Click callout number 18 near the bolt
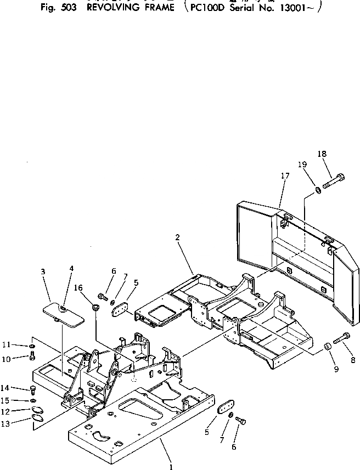(322, 154)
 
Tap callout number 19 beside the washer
(302, 165)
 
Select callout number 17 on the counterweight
(285, 176)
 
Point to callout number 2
(177, 237)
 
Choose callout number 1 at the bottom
(172, 467)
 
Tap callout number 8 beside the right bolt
(353, 360)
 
